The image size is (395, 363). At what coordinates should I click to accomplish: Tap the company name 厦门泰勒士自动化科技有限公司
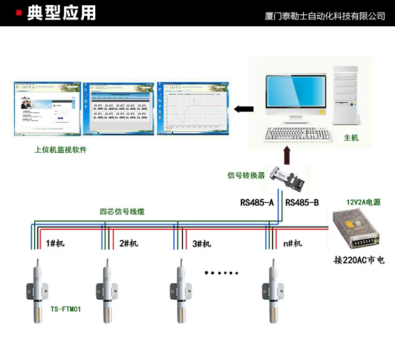324,16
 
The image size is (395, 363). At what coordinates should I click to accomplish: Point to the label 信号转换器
246,175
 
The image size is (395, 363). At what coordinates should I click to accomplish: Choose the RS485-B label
302,202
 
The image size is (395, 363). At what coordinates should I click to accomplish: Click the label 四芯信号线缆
122,212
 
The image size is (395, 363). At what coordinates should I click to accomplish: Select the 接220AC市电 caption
359,260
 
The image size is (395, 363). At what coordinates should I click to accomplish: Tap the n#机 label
293,243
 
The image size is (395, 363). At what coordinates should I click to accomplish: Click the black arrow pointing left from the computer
243,109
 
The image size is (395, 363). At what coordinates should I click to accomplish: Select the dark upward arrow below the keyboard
286,156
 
